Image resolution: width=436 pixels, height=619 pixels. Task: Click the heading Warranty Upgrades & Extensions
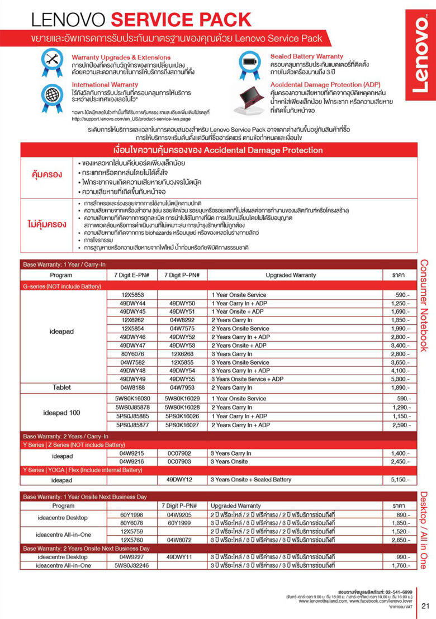click(121, 58)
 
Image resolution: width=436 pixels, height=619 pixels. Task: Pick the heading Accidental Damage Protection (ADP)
click(325, 84)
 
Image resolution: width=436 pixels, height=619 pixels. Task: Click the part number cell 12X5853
click(132, 295)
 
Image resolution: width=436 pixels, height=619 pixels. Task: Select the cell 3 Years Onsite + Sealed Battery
click(251, 480)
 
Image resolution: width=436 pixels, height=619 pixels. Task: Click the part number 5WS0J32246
click(132, 565)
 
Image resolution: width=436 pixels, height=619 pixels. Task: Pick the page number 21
click(425, 606)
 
